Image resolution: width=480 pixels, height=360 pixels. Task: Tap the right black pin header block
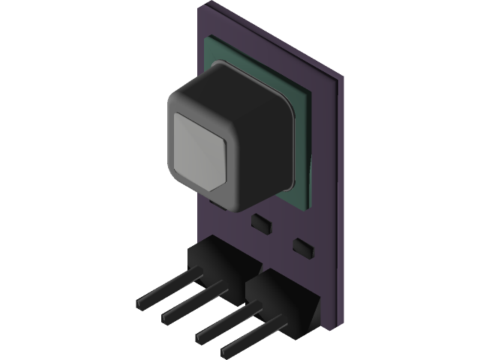(x=281, y=300)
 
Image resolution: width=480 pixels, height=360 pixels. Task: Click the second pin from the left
(x=191, y=301)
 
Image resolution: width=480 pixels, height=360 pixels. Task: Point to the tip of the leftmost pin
(x=140, y=304)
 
